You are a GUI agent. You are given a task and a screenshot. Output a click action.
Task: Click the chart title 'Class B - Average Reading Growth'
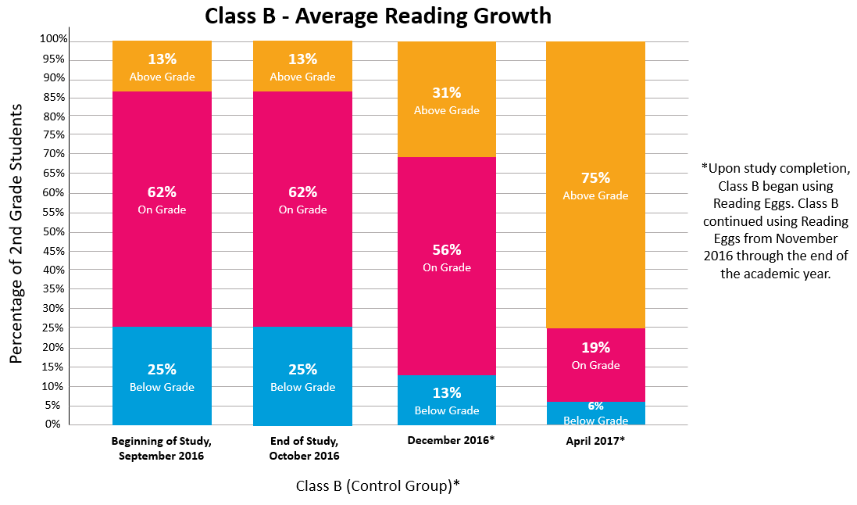377,16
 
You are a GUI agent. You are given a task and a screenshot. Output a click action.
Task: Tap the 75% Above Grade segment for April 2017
595,184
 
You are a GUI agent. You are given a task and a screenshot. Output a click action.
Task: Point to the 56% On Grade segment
447,258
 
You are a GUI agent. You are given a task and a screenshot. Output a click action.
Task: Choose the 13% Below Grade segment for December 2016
447,400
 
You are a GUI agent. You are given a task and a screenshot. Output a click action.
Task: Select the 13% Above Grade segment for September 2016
162,66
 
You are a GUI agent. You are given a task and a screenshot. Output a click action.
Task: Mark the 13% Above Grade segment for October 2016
302,66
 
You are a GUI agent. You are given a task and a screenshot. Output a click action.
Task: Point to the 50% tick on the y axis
53,232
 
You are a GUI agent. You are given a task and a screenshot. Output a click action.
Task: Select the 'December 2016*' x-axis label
451,440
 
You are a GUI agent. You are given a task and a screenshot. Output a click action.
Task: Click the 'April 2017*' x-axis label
595,441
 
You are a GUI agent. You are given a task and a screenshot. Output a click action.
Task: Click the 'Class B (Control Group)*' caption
377,485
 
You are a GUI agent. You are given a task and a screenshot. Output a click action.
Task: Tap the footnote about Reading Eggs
775,220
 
